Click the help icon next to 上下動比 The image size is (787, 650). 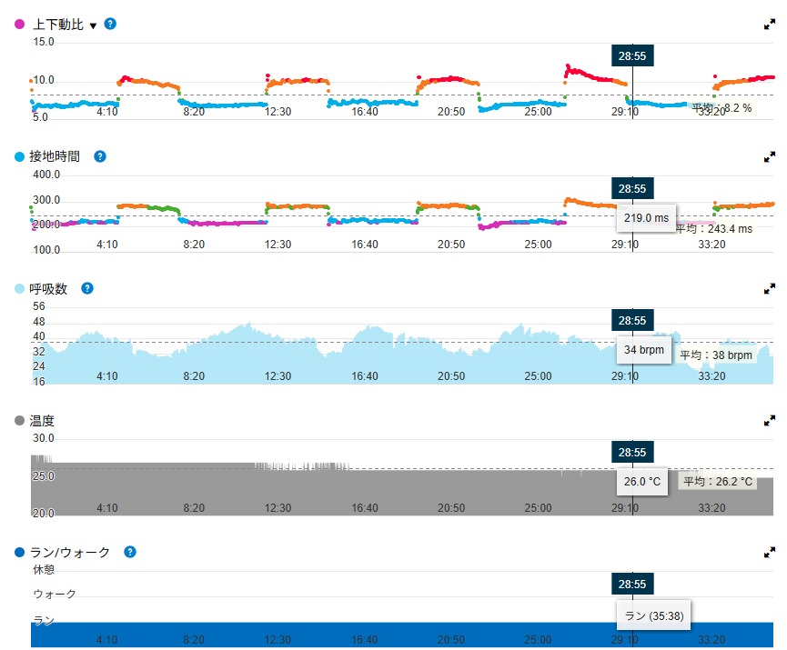click(x=110, y=24)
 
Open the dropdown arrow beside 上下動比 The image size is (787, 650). click(x=93, y=26)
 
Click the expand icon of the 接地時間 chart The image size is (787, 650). click(x=769, y=157)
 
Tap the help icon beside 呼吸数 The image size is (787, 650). click(x=87, y=288)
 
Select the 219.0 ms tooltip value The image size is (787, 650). click(x=646, y=218)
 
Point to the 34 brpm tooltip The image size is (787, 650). click(x=644, y=350)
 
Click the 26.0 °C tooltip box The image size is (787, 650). click(x=642, y=482)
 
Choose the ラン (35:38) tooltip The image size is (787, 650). click(x=653, y=615)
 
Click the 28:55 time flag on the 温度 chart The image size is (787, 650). click(x=632, y=453)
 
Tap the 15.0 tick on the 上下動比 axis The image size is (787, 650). click(x=44, y=42)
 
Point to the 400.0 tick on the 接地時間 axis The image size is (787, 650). click(x=46, y=175)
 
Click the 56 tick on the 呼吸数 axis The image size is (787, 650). click(x=38, y=306)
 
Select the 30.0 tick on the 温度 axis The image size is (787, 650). click(x=43, y=438)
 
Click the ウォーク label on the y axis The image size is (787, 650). click(x=55, y=595)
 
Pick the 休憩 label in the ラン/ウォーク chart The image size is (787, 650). click(x=44, y=570)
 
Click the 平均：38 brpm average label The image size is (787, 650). click(x=716, y=355)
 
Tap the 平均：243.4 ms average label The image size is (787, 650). click(x=713, y=229)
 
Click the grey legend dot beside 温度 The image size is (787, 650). click(x=20, y=420)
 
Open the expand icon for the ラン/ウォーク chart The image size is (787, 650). click(x=769, y=553)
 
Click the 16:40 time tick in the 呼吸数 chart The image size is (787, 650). click(x=365, y=376)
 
